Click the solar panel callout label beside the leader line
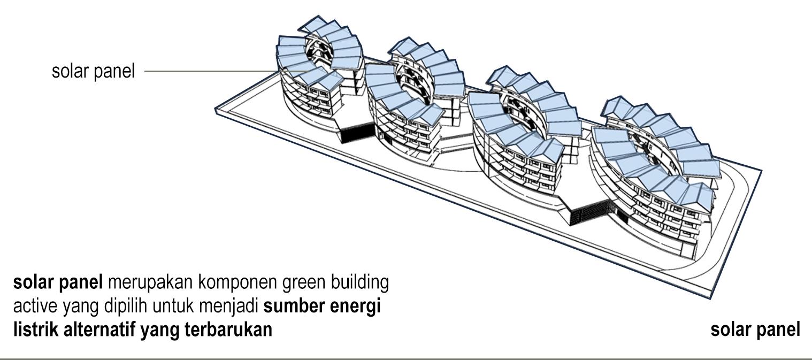(x=93, y=71)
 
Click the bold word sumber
(x=297, y=307)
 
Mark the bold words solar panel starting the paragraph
(x=57, y=282)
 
